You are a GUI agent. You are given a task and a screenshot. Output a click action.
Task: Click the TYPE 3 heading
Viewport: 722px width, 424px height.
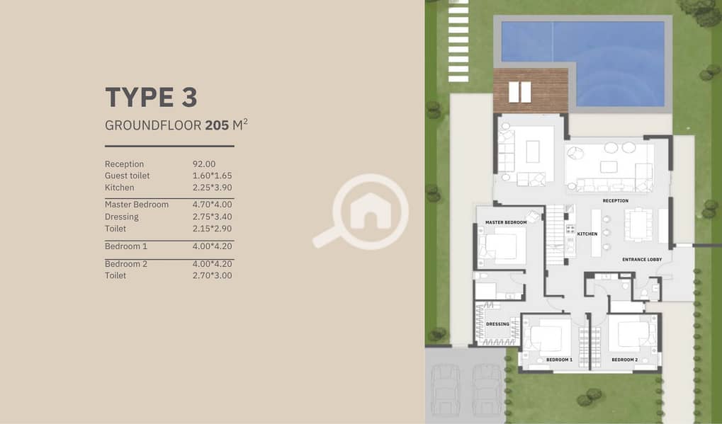(151, 97)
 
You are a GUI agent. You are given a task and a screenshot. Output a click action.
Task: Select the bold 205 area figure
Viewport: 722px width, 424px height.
(217, 125)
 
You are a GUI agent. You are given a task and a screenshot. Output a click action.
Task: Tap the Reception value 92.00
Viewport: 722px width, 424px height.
(204, 164)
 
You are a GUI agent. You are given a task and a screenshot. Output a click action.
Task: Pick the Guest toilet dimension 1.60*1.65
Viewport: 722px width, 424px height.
(213, 176)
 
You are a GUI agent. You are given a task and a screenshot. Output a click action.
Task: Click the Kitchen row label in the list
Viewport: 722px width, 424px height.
(119, 188)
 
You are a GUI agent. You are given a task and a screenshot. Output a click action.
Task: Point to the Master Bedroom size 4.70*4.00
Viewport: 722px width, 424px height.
(213, 205)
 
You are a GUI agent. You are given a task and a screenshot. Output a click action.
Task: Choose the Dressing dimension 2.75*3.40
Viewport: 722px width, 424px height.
(213, 217)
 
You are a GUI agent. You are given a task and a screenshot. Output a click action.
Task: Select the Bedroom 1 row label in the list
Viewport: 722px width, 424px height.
(125, 246)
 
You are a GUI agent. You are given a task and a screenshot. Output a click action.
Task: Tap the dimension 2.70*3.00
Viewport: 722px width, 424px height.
(213, 275)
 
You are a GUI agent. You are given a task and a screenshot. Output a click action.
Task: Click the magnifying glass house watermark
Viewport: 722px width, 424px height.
(363, 211)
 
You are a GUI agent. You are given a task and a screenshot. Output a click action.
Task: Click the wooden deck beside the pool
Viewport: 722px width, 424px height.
(531, 91)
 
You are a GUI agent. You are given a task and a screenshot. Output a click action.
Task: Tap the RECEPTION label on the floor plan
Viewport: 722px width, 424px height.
(616, 201)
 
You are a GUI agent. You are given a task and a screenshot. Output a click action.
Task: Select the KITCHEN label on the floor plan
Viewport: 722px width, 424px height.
(587, 234)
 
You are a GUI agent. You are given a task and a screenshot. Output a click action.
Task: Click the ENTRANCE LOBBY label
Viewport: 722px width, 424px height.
(642, 260)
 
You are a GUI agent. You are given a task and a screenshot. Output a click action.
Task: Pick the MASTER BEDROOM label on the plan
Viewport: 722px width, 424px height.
(506, 222)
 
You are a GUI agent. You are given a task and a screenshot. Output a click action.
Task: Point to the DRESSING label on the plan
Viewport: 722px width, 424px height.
(498, 324)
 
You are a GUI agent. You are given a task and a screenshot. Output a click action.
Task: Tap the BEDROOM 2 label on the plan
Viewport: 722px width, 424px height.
(625, 360)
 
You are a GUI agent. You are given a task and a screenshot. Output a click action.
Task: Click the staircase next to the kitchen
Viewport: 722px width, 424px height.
(555, 235)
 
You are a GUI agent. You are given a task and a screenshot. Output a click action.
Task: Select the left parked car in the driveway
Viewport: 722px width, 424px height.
(444, 390)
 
